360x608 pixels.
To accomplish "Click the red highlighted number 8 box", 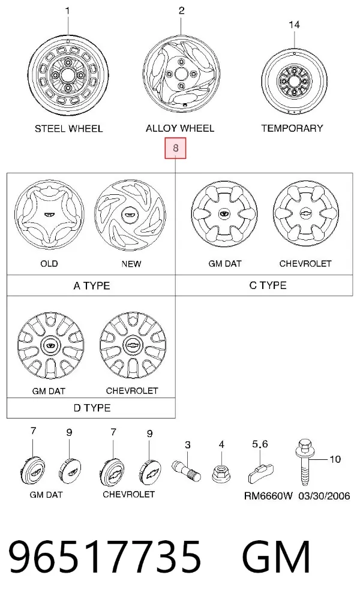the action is pyautogui.click(x=176, y=148).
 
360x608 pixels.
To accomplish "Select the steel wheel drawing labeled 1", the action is pyautogui.click(x=68, y=75).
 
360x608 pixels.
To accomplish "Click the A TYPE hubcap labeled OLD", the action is pyautogui.click(x=49, y=215).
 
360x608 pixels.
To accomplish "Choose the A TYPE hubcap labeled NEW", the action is pyautogui.click(x=130, y=214).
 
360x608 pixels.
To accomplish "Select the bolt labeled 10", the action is pyautogui.click(x=305, y=462).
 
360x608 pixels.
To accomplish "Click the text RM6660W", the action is pyautogui.click(x=268, y=496).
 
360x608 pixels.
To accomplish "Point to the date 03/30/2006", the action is pyautogui.click(x=325, y=496).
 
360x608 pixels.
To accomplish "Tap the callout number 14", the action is pyautogui.click(x=295, y=25).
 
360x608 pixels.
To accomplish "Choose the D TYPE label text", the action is pyautogui.click(x=92, y=408).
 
